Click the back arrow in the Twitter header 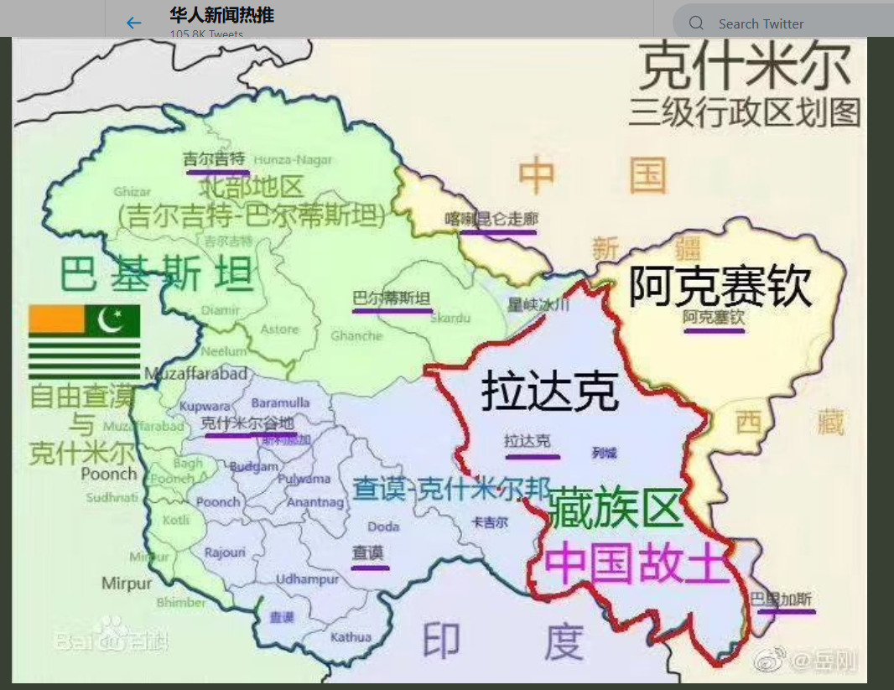pos(133,23)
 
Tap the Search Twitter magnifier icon pos(696,23)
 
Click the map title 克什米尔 pos(745,68)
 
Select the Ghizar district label pos(133,192)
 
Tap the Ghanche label pos(356,335)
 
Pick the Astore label pos(279,329)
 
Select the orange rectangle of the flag pos(57,319)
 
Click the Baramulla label pos(280,403)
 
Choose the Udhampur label pos(308,579)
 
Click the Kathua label pos(351,637)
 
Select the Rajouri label pos(225,552)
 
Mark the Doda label pos(383,527)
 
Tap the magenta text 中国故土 pos(636,563)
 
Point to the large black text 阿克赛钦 pos(720,287)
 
